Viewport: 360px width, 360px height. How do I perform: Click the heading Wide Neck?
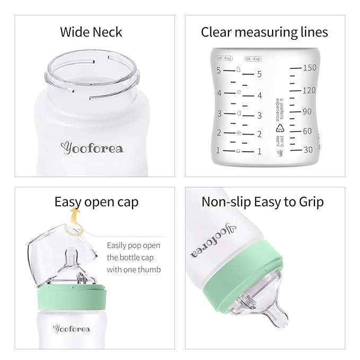pos(91,32)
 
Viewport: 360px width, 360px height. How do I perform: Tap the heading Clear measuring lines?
pos(264,32)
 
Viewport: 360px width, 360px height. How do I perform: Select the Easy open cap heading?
pos(96,202)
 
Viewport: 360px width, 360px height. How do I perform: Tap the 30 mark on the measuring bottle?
pos(307,150)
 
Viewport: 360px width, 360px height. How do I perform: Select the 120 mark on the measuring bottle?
pos(308,91)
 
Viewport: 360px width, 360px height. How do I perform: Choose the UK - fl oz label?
pos(252,58)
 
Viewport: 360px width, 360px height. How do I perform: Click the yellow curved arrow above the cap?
pos(75,217)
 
